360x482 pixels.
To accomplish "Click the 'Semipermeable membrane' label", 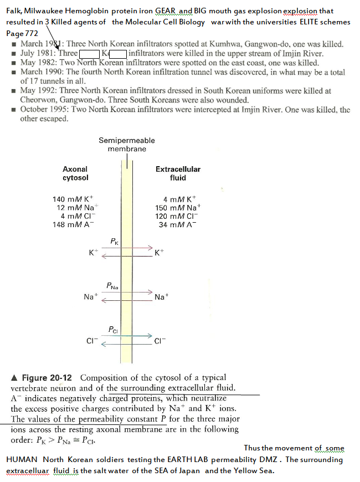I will (127, 145).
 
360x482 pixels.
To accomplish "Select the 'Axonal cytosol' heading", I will (75, 173).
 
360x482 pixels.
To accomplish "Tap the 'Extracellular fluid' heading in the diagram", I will (178, 173).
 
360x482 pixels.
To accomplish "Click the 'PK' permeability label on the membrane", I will (114, 241).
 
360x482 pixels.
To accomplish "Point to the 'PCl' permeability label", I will (112, 330).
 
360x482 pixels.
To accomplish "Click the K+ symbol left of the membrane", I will (92, 253).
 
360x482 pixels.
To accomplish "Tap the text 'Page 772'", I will (22, 34).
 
